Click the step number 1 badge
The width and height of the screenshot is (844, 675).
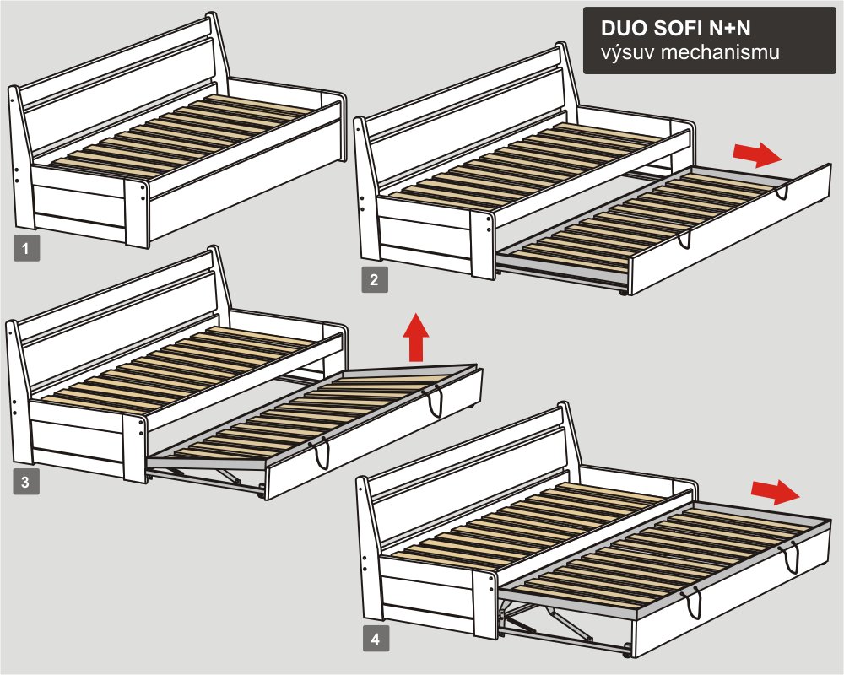click(26, 249)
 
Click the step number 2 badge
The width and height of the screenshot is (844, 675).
click(375, 279)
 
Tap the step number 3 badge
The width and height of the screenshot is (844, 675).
click(26, 481)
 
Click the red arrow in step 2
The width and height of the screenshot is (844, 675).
click(757, 155)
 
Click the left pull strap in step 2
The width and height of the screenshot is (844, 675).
click(684, 240)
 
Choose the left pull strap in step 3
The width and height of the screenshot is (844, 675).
click(322, 453)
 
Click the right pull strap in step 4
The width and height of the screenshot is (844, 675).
click(792, 559)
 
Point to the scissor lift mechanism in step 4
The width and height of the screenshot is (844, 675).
click(560, 624)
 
